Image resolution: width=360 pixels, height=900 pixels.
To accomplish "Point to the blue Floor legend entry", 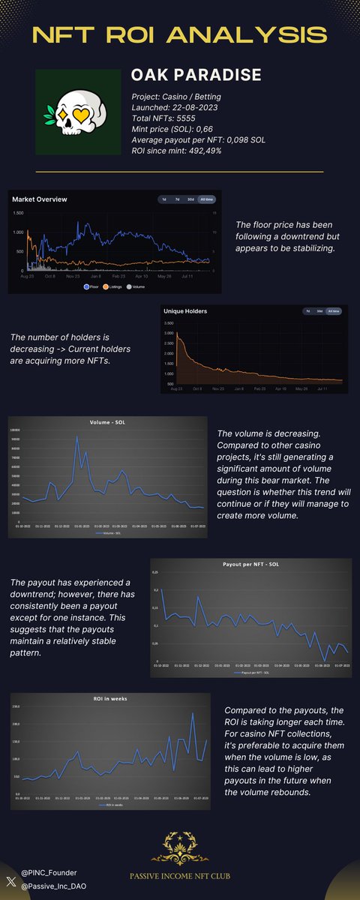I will (92, 286).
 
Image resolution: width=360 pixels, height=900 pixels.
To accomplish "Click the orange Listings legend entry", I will (115, 286).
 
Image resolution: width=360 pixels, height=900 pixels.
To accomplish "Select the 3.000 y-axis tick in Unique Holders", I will (169, 332).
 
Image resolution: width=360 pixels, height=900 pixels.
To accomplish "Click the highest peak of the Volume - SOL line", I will (76, 436).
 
